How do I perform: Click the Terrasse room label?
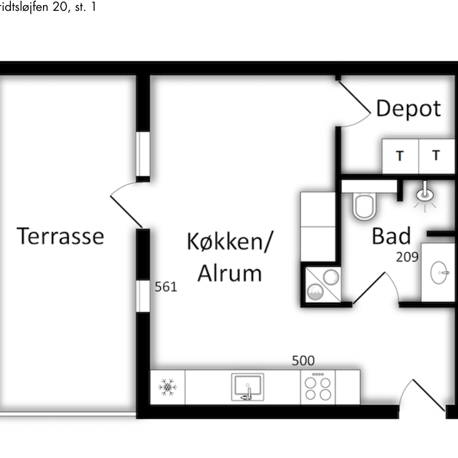(x=60, y=236)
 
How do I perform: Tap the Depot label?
(x=409, y=108)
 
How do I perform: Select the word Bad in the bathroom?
(x=392, y=236)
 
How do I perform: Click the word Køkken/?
(x=230, y=242)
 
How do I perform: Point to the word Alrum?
(x=230, y=274)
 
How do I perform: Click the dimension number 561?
(x=166, y=287)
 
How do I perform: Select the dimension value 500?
(x=303, y=361)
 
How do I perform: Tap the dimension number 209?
(x=407, y=257)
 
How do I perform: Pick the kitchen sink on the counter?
(x=248, y=387)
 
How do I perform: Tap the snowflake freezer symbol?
(x=167, y=388)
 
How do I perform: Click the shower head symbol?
(x=424, y=194)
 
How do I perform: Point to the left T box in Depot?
(x=400, y=156)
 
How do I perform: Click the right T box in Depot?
(x=437, y=156)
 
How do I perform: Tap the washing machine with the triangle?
(x=323, y=285)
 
